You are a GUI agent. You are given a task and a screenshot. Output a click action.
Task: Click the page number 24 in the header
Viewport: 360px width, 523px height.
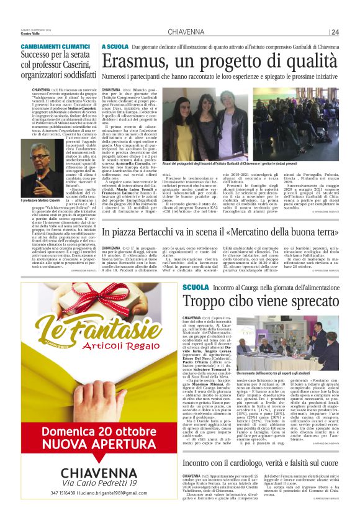coord(335,32)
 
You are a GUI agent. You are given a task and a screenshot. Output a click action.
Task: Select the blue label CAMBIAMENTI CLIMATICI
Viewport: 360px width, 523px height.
coord(55,47)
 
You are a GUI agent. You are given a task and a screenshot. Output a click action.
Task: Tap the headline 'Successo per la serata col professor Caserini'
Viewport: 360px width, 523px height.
coord(58,66)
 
